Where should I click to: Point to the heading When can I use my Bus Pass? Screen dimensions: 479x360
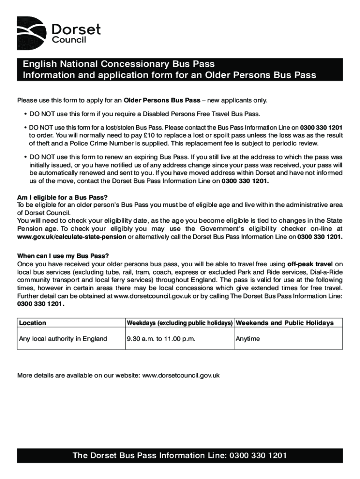(63, 256)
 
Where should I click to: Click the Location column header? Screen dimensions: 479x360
(33, 323)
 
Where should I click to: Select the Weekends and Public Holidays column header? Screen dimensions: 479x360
(284, 323)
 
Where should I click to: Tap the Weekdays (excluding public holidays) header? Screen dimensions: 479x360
(180, 323)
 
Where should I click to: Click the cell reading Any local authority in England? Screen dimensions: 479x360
(63, 339)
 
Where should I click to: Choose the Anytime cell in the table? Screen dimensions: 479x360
(248, 339)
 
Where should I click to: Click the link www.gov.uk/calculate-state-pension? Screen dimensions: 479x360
(72, 237)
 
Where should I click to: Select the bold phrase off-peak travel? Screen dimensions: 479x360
(311, 264)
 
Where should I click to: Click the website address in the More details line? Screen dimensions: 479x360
(181, 375)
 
